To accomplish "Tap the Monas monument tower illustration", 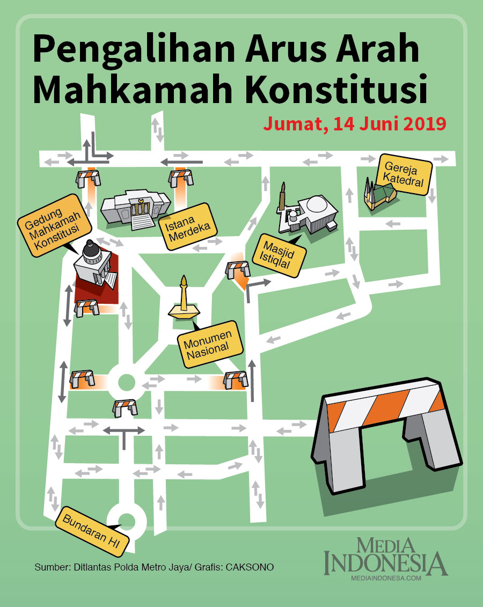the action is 184,301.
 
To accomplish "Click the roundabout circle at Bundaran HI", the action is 128,520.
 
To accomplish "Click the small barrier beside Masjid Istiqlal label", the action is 238,269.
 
